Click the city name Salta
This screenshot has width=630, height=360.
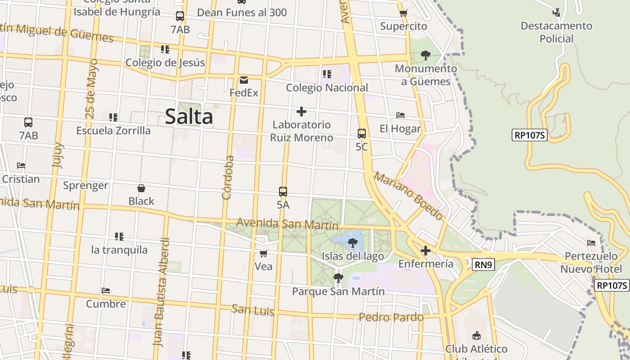click(189, 117)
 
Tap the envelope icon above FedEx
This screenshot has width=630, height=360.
click(244, 80)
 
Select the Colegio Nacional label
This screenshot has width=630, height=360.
click(327, 88)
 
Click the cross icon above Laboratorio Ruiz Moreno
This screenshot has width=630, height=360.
click(301, 112)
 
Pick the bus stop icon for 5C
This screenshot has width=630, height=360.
click(362, 134)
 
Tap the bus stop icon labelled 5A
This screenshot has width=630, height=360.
click(283, 192)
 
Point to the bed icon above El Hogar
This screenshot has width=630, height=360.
click(400, 115)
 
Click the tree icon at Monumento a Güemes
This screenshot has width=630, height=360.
click(426, 55)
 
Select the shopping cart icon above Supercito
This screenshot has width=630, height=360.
click(403, 13)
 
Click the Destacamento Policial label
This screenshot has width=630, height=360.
click(557, 32)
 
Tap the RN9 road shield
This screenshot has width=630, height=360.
click(484, 265)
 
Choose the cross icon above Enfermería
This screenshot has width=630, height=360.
click(426, 251)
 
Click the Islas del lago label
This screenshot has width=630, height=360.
click(353, 256)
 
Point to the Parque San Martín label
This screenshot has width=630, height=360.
click(338, 292)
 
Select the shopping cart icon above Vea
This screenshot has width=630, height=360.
click(264, 253)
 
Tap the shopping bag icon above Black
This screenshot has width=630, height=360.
click(141, 188)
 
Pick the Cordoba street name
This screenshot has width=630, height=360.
click(228, 177)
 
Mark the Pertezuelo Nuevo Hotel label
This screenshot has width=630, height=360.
click(591, 262)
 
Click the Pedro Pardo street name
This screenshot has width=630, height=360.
click(391, 317)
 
